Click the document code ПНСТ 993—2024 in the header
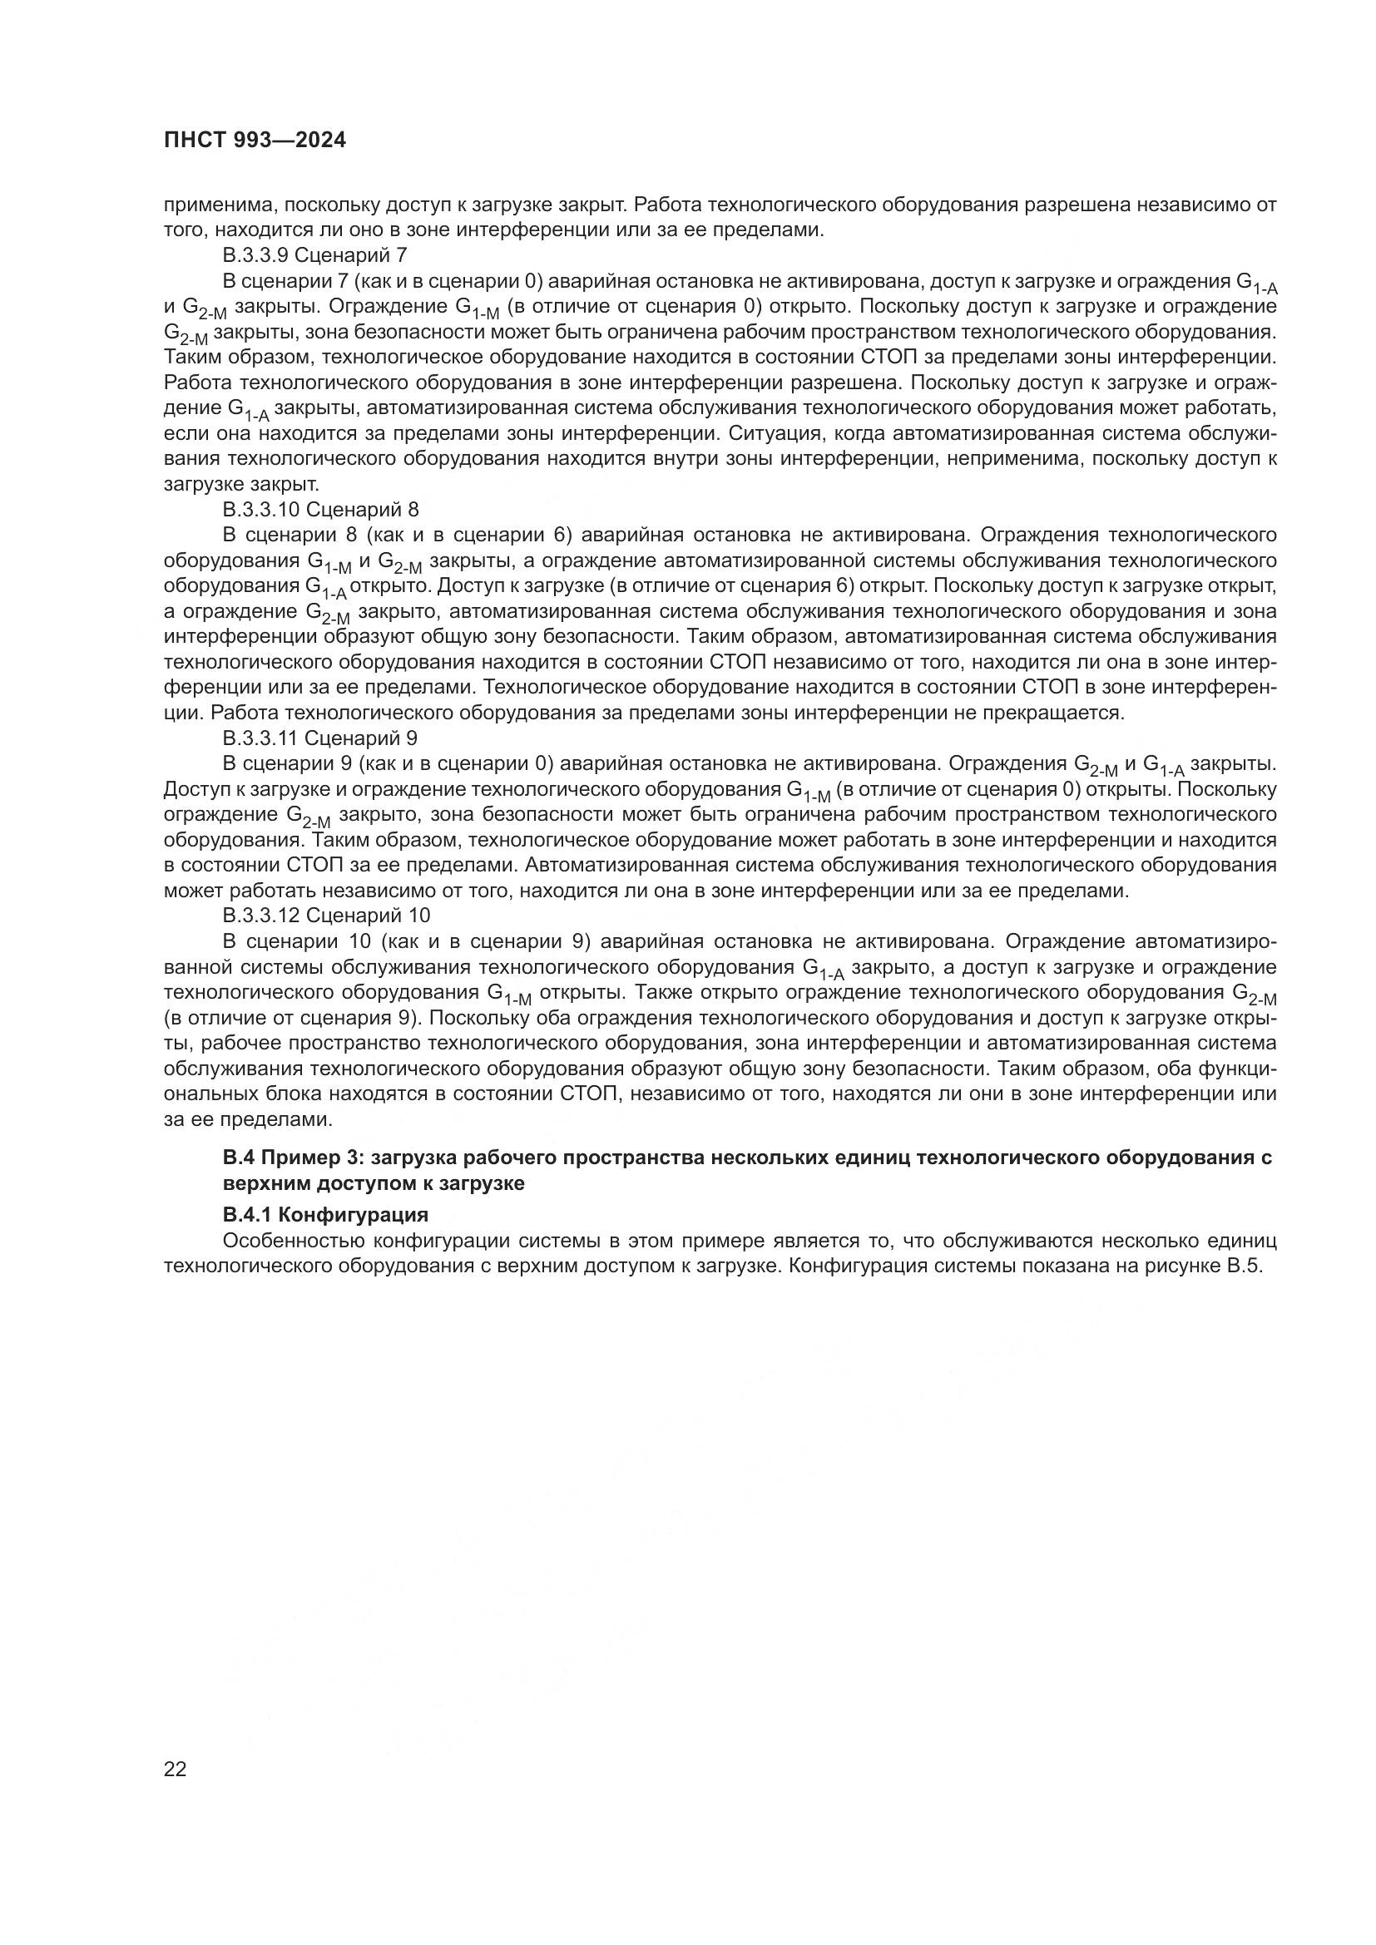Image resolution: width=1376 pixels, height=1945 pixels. (x=255, y=141)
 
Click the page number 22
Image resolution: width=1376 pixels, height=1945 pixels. (x=175, y=1769)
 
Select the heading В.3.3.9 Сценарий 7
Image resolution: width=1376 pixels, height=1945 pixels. (x=314, y=255)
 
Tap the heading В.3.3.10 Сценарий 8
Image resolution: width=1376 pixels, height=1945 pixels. (x=320, y=509)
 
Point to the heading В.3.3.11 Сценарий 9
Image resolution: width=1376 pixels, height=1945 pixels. (x=319, y=738)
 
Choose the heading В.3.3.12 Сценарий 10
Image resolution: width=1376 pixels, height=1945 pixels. (x=326, y=915)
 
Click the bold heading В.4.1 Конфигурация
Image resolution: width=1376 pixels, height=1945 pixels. (x=325, y=1215)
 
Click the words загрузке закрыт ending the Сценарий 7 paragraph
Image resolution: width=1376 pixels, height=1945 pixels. (x=241, y=485)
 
